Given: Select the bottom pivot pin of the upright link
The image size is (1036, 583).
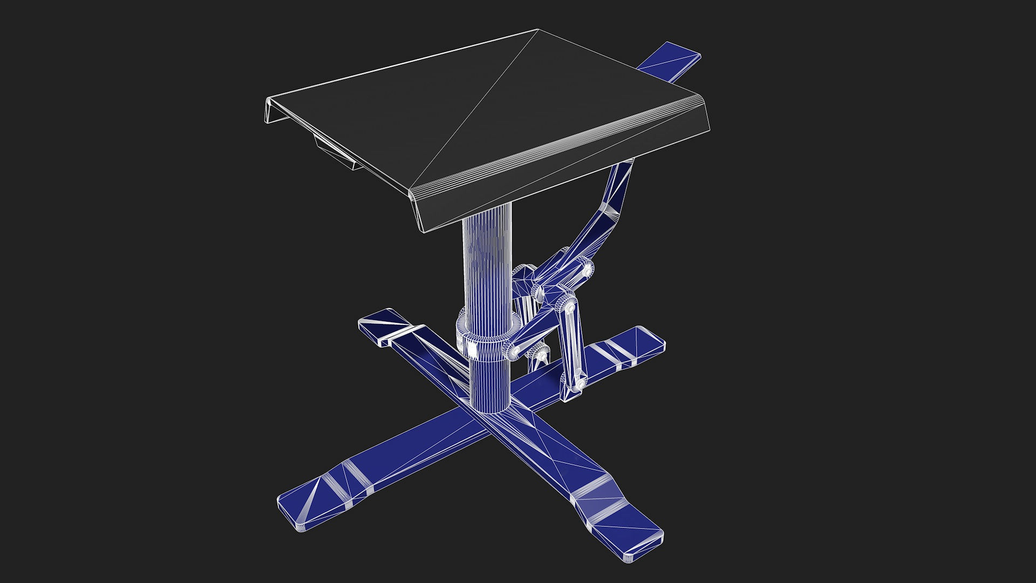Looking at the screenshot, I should pyautogui.click(x=579, y=383).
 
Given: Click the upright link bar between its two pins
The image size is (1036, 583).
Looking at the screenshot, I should pyautogui.click(x=573, y=345).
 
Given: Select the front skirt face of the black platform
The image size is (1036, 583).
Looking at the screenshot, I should pyautogui.click(x=561, y=173).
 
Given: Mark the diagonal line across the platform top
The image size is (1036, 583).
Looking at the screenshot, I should pyautogui.click(x=475, y=108).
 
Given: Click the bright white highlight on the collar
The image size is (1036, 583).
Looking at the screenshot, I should pyautogui.click(x=473, y=350).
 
